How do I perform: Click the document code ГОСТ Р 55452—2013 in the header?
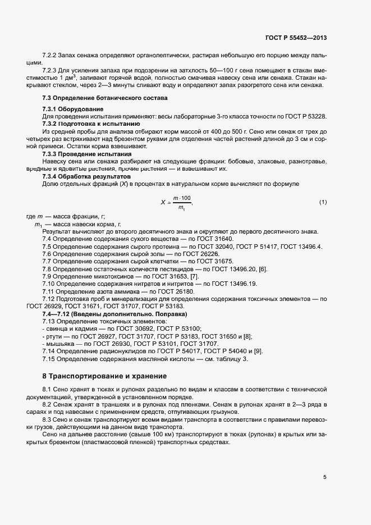(296, 38)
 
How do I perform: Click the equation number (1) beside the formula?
(323, 202)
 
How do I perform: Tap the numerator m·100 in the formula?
(182, 198)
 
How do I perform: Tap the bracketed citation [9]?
(258, 351)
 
